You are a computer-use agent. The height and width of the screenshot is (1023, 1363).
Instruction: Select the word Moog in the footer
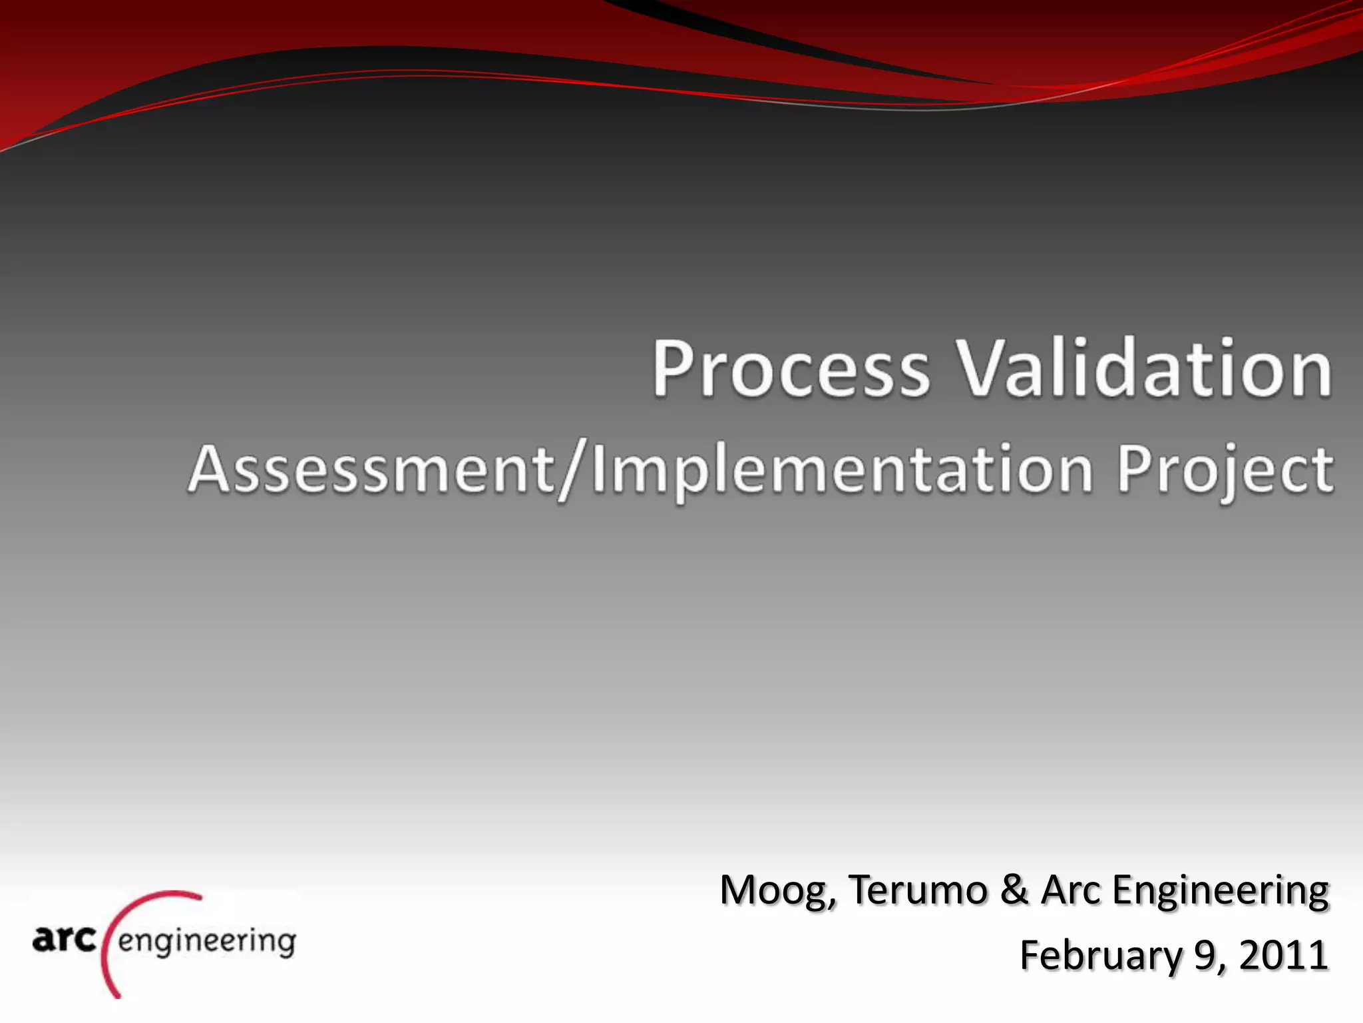(x=772, y=890)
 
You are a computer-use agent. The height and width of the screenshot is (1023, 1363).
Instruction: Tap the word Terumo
(x=918, y=890)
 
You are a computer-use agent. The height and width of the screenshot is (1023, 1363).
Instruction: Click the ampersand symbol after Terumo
(x=1014, y=890)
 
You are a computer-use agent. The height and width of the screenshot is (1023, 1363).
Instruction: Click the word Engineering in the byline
(x=1220, y=890)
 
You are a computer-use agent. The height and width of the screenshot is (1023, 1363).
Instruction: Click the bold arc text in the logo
(x=64, y=939)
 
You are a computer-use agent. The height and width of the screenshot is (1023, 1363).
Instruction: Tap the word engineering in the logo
(x=207, y=942)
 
